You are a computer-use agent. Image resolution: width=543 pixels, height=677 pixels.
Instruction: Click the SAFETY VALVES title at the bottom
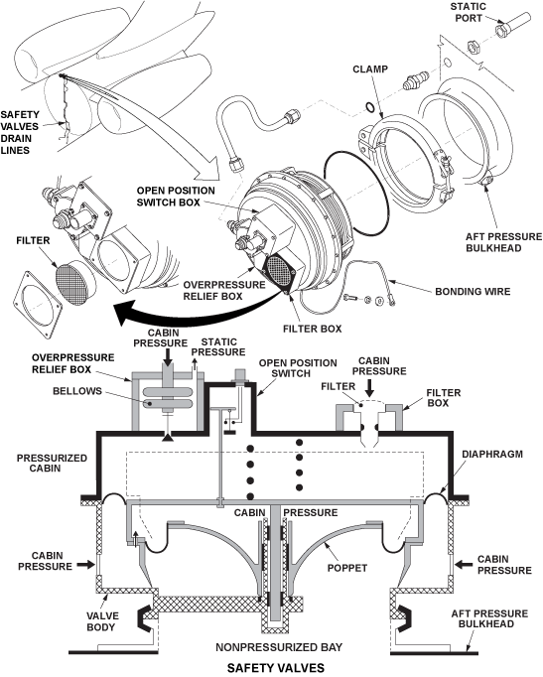271,668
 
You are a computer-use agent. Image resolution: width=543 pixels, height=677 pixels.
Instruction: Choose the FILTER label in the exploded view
31,238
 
